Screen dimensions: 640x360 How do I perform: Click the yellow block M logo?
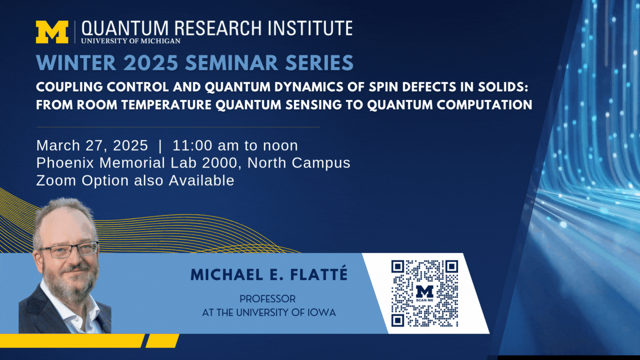tap(52, 32)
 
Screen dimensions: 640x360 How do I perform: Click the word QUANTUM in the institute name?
tap(125, 28)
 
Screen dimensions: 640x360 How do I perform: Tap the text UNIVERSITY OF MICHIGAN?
tap(131, 41)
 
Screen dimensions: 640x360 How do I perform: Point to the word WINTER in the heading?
tap(76, 63)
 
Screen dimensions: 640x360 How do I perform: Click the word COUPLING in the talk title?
tap(70, 87)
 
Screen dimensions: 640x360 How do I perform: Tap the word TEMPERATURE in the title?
tap(166, 105)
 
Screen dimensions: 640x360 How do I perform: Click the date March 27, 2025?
tap(92, 146)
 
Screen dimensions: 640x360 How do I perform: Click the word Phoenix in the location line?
tap(65, 163)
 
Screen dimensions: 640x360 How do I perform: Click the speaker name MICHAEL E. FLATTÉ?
tap(269, 274)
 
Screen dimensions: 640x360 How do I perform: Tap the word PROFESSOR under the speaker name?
tap(268, 299)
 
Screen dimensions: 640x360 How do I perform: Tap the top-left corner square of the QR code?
tap(398, 266)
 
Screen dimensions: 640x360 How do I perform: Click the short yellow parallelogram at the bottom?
tap(162, 341)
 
